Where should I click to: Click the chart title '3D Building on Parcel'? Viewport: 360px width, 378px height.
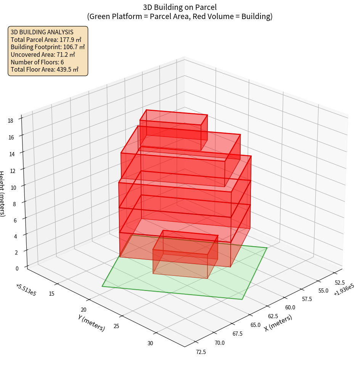click(180, 7)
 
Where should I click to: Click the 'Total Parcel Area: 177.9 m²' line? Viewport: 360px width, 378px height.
click(46, 39)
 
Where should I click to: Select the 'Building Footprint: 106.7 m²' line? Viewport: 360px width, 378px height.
click(48, 47)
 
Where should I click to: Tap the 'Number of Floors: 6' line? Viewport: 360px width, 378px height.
click(37, 62)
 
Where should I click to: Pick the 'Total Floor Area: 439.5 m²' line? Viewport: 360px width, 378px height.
click(45, 70)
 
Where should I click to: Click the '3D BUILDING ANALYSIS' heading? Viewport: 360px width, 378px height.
click(42, 32)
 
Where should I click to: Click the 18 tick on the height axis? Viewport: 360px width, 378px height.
click(10, 121)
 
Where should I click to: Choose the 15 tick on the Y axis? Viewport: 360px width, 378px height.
click(51, 293)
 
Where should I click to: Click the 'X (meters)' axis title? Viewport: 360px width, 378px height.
click(278, 323)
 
